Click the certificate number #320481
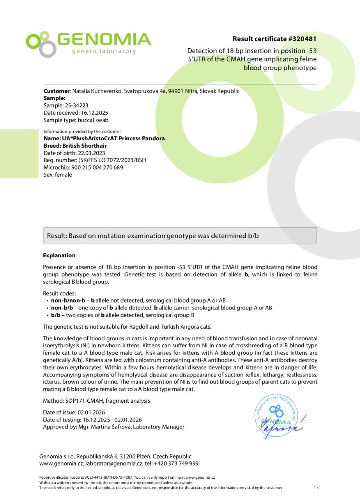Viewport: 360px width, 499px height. click(302, 39)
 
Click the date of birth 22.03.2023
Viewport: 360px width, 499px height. click(91, 153)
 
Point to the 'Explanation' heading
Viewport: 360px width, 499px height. click(59, 255)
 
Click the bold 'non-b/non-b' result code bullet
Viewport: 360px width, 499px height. click(68, 301)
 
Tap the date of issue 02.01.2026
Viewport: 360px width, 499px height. click(91, 412)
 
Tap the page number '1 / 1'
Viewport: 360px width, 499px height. click(317, 488)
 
